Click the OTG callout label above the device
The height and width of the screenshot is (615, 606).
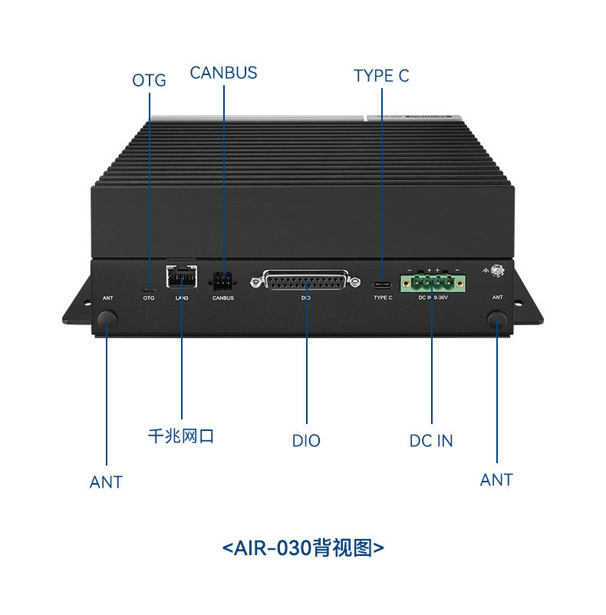[149, 81]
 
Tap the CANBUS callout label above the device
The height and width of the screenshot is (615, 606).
[223, 73]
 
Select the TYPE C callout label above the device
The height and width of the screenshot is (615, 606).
[381, 76]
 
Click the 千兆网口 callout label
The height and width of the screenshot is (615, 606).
[181, 436]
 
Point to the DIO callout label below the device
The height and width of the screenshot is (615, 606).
[306, 441]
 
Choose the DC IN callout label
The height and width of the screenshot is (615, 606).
[431, 441]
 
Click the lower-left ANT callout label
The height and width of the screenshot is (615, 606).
[106, 482]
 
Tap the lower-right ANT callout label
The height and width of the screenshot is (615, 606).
[496, 480]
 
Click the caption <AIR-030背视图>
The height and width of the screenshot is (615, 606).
[303, 548]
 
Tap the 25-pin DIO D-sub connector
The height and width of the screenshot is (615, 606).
[310, 281]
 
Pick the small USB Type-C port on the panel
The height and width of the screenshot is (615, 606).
[381, 284]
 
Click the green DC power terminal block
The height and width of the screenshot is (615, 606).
[433, 283]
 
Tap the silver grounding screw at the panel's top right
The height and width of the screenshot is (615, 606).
[497, 271]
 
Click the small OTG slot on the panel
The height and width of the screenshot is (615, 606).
[149, 289]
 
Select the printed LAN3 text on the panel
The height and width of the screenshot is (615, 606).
[181, 298]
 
